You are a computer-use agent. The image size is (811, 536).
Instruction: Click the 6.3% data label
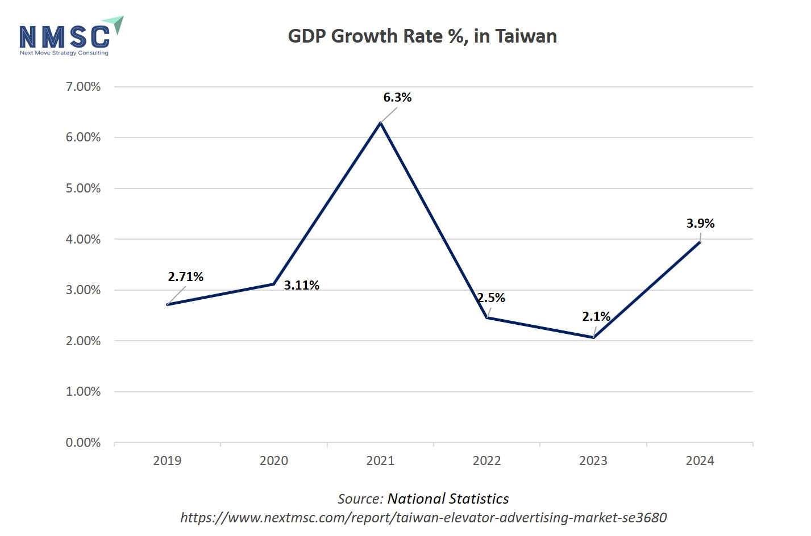coord(397,97)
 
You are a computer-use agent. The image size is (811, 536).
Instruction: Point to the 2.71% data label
coord(185,277)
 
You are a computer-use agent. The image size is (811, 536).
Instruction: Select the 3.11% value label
coord(301,286)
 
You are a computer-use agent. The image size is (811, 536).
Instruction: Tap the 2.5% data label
coord(490,298)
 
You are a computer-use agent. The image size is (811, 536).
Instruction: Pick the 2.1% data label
coord(596,316)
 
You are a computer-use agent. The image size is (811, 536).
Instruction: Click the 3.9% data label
coord(700,223)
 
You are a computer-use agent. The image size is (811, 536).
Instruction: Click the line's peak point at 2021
coord(380,123)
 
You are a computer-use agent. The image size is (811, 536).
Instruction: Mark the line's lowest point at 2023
coord(593,337)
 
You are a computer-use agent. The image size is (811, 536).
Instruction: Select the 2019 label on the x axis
coord(167,461)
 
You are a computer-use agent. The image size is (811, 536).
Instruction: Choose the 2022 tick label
coord(486,461)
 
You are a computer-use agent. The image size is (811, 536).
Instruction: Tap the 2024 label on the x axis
coord(700,461)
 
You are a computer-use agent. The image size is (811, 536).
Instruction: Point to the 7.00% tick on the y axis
coord(83,87)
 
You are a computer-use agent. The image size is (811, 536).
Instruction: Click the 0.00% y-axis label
coord(83,443)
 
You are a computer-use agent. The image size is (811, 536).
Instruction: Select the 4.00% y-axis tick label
coord(83,240)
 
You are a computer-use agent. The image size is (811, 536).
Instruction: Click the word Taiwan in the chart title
coord(526,36)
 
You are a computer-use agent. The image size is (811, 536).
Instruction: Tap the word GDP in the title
coord(307,36)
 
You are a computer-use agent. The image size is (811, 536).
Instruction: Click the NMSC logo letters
coord(64,36)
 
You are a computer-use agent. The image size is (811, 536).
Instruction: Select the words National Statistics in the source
coord(448,499)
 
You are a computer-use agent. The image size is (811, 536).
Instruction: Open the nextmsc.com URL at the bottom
coord(423,518)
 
